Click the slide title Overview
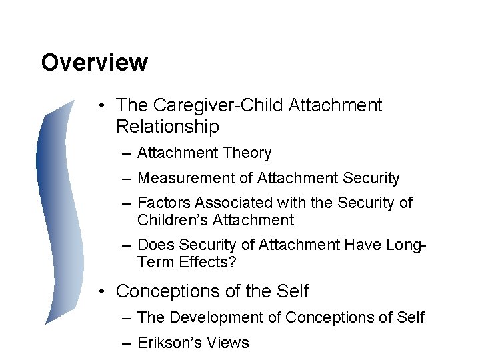[94, 63]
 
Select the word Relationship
[167, 126]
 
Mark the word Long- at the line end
[405, 245]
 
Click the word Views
[227, 343]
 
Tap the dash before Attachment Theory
[126, 153]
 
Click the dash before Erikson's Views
[126, 343]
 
